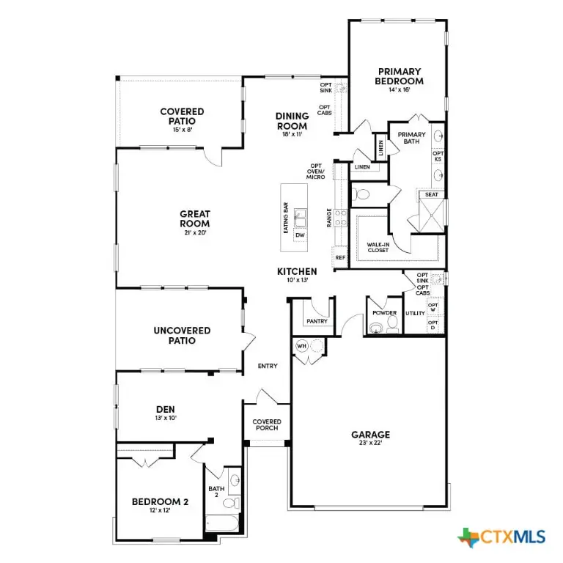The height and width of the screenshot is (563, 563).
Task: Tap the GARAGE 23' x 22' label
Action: [369, 438]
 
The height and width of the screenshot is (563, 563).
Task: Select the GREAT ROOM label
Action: [195, 219]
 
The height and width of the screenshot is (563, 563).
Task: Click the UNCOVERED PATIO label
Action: [182, 335]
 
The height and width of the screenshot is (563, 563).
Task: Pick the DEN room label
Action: [165, 412]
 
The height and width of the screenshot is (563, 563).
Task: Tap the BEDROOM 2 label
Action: [161, 505]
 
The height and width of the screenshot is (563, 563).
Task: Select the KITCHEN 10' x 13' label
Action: [297, 275]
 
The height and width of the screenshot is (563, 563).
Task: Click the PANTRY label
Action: [317, 321]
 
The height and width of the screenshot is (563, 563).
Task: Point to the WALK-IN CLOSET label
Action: [378, 247]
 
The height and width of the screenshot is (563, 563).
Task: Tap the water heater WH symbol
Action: [301, 346]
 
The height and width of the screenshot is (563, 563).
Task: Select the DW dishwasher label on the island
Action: [300, 235]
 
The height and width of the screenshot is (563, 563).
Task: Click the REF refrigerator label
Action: [340, 258]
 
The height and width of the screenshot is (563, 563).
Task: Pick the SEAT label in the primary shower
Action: [432, 195]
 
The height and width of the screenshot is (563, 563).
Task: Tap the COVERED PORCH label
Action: [267, 424]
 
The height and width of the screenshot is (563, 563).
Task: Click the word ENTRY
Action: [268, 366]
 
